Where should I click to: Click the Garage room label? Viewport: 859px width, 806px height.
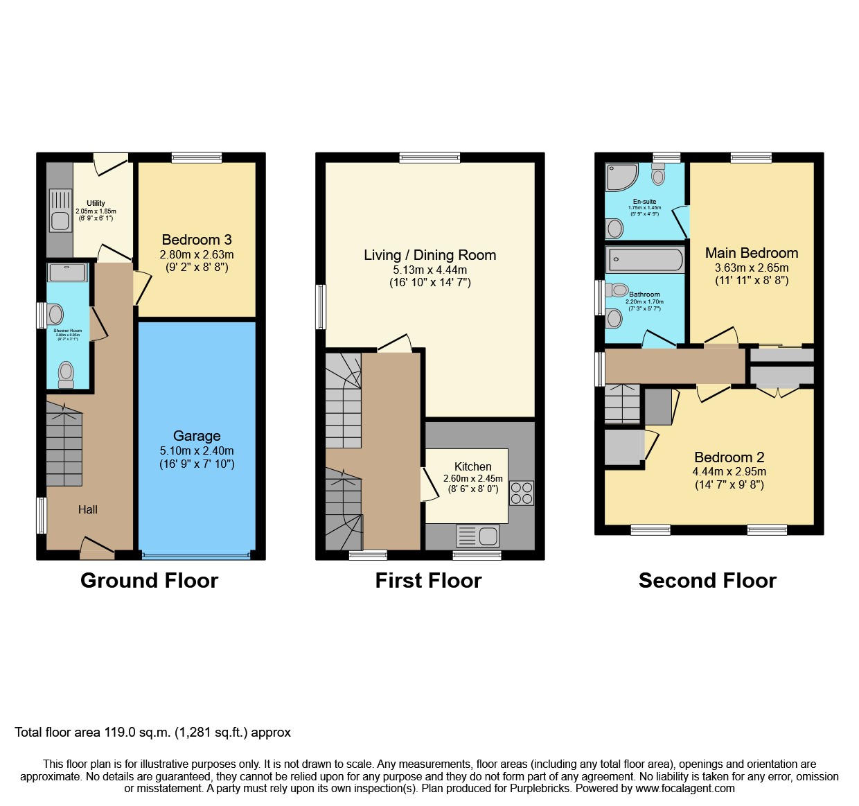[x=197, y=436]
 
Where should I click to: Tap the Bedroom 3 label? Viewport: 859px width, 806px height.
[x=197, y=240]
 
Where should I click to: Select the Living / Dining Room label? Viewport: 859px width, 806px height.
[x=429, y=255]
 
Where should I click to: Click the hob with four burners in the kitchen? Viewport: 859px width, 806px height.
[x=522, y=493]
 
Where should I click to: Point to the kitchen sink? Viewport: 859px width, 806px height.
[x=478, y=536]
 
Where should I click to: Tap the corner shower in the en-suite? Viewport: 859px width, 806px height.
[x=620, y=177]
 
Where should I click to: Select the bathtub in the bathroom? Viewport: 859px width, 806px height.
[x=645, y=260]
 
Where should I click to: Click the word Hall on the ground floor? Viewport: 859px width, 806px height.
[x=88, y=509]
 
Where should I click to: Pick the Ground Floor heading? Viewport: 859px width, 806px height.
[x=149, y=580]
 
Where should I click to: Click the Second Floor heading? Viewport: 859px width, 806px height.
[x=707, y=580]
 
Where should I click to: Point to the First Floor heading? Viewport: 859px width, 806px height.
[x=428, y=580]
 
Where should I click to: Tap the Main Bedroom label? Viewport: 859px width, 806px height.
[x=752, y=253]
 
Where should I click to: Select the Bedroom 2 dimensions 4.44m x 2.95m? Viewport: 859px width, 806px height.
[x=729, y=471]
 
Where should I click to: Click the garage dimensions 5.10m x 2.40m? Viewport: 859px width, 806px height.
[x=197, y=450]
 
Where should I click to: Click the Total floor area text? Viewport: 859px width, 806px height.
[x=152, y=733]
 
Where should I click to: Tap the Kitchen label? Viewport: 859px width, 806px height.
[x=473, y=466]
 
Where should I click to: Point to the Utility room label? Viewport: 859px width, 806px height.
[x=96, y=203]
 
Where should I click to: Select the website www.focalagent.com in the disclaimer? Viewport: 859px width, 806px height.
[x=685, y=788]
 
